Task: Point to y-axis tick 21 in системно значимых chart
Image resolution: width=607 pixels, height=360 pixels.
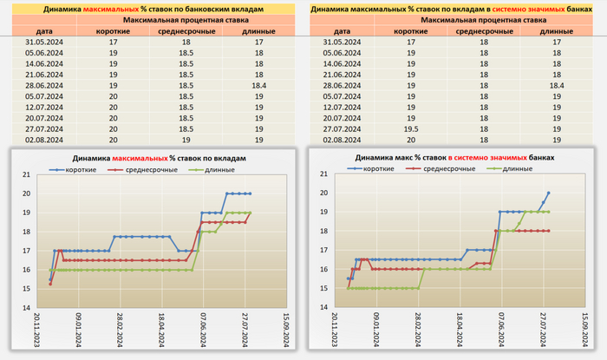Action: [323, 174]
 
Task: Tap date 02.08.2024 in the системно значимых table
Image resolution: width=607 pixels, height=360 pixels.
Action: [340, 139]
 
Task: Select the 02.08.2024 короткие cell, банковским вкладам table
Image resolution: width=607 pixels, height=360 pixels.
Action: [114, 139]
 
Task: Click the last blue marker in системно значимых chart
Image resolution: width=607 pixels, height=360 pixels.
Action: [549, 193]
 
